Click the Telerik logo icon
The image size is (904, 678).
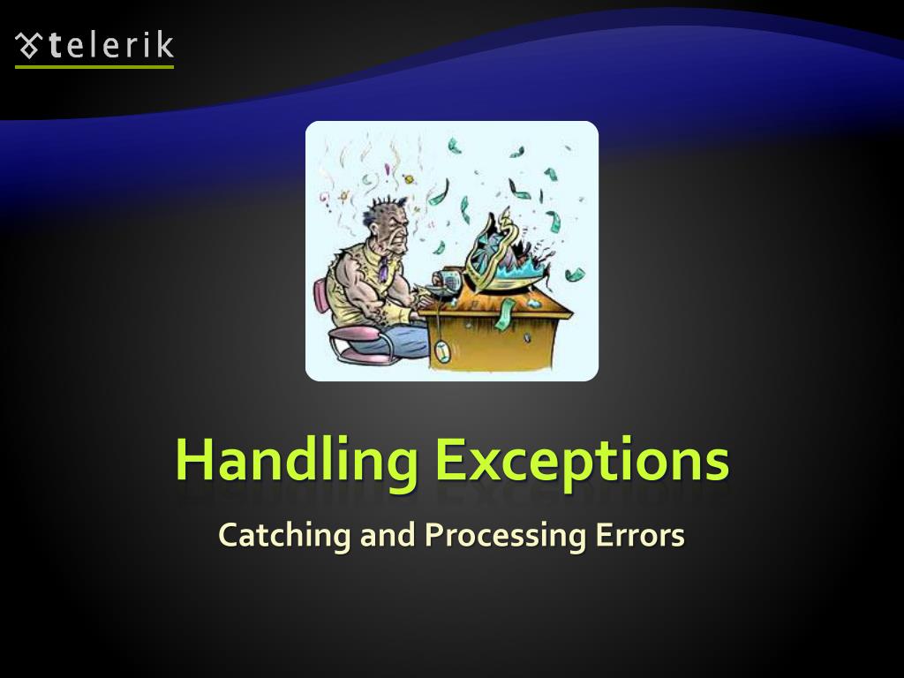(x=29, y=45)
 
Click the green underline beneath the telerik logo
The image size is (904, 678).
(x=94, y=66)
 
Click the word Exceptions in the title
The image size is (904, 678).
(x=583, y=460)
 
